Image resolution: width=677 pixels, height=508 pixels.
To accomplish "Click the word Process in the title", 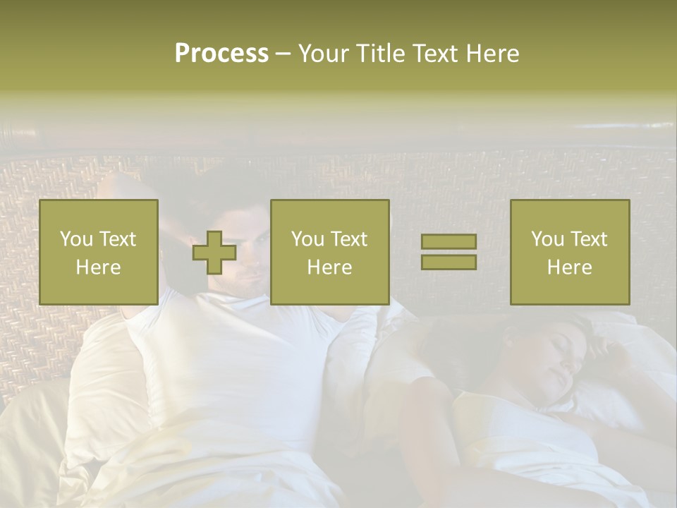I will (221, 54).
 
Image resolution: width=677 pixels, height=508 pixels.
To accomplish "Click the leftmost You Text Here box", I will (99, 252).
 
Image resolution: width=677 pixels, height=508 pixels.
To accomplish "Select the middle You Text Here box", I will (330, 252).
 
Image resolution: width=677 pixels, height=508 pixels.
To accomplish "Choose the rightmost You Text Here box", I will (570, 252).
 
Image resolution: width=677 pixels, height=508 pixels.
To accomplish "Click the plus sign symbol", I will (214, 253).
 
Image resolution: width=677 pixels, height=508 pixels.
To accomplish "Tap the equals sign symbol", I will (449, 252).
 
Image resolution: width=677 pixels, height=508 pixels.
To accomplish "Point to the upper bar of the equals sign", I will (449, 242).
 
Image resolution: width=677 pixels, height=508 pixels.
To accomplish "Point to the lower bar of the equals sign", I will (449, 262).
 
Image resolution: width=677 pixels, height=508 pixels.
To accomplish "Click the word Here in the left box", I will (99, 267).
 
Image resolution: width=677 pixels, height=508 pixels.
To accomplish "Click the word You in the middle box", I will (307, 239).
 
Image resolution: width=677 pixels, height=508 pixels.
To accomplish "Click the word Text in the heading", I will (432, 54).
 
